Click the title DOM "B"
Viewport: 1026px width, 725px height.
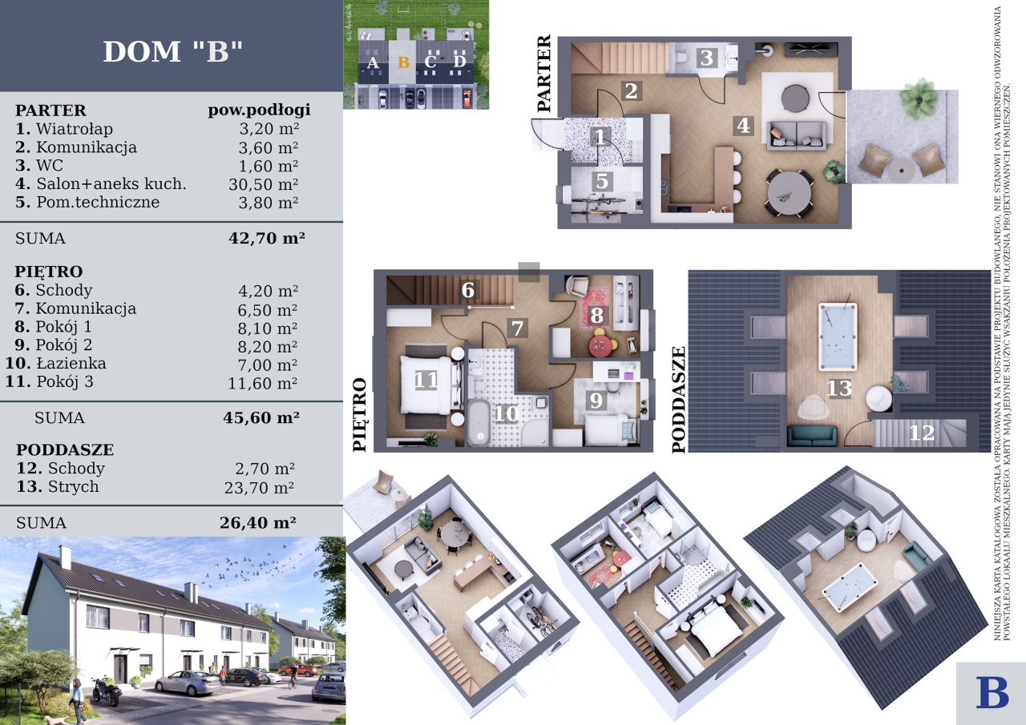click(172, 51)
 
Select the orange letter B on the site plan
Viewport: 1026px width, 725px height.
click(403, 62)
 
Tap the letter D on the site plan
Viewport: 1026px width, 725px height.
click(459, 62)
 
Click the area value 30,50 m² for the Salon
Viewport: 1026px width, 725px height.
click(264, 184)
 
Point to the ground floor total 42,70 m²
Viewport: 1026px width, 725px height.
click(267, 238)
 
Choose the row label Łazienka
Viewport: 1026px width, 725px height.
click(71, 364)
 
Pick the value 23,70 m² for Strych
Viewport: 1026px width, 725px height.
click(259, 488)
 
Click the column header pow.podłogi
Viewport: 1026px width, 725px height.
click(259, 111)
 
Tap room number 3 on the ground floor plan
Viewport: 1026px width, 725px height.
click(707, 58)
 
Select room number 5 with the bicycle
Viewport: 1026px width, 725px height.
click(602, 181)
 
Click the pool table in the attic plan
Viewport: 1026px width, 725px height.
click(838, 337)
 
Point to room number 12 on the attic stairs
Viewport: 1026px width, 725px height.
click(922, 433)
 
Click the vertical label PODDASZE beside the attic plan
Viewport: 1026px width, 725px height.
click(679, 400)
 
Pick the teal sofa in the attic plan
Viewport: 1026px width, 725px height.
click(812, 436)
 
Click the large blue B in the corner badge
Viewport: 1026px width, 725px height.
click(992, 692)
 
